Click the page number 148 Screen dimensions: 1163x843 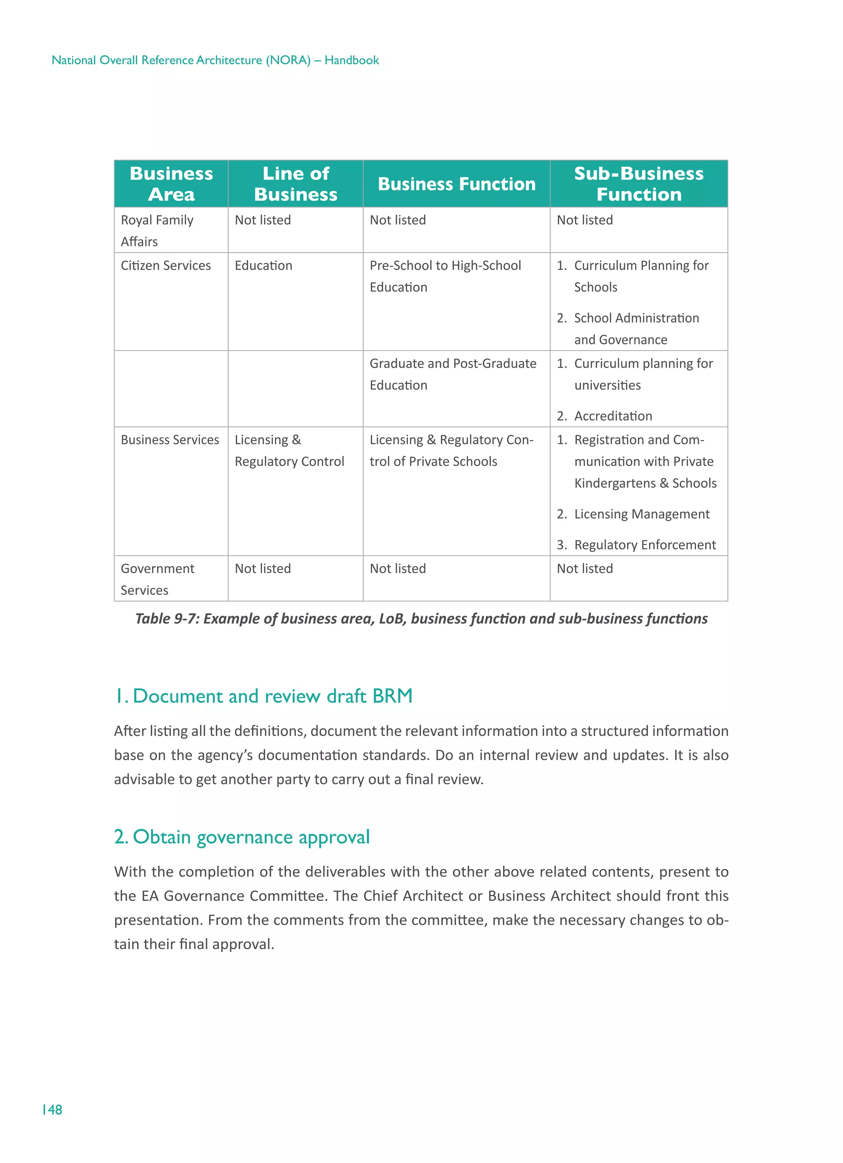tap(52, 1110)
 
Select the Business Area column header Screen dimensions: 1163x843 tap(171, 184)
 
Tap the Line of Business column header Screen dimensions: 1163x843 tap(296, 184)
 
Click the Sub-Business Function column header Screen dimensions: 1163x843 tap(638, 184)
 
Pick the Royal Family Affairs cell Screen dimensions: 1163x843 tap(157, 230)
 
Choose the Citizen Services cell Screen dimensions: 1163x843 tap(165, 266)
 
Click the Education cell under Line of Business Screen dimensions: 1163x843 tap(263, 266)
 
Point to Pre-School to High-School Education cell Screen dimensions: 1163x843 tap(445, 276)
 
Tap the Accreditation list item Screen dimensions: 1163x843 tap(613, 416)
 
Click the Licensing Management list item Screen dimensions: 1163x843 tap(642, 514)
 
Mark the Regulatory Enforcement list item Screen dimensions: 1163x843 tap(645, 545)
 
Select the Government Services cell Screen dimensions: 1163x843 tap(157, 579)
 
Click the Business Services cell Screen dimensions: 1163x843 tap(170, 440)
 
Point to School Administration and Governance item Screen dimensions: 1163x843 tap(636, 329)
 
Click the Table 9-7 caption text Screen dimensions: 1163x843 tap(421, 618)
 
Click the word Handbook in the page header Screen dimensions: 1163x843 tap(352, 60)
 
